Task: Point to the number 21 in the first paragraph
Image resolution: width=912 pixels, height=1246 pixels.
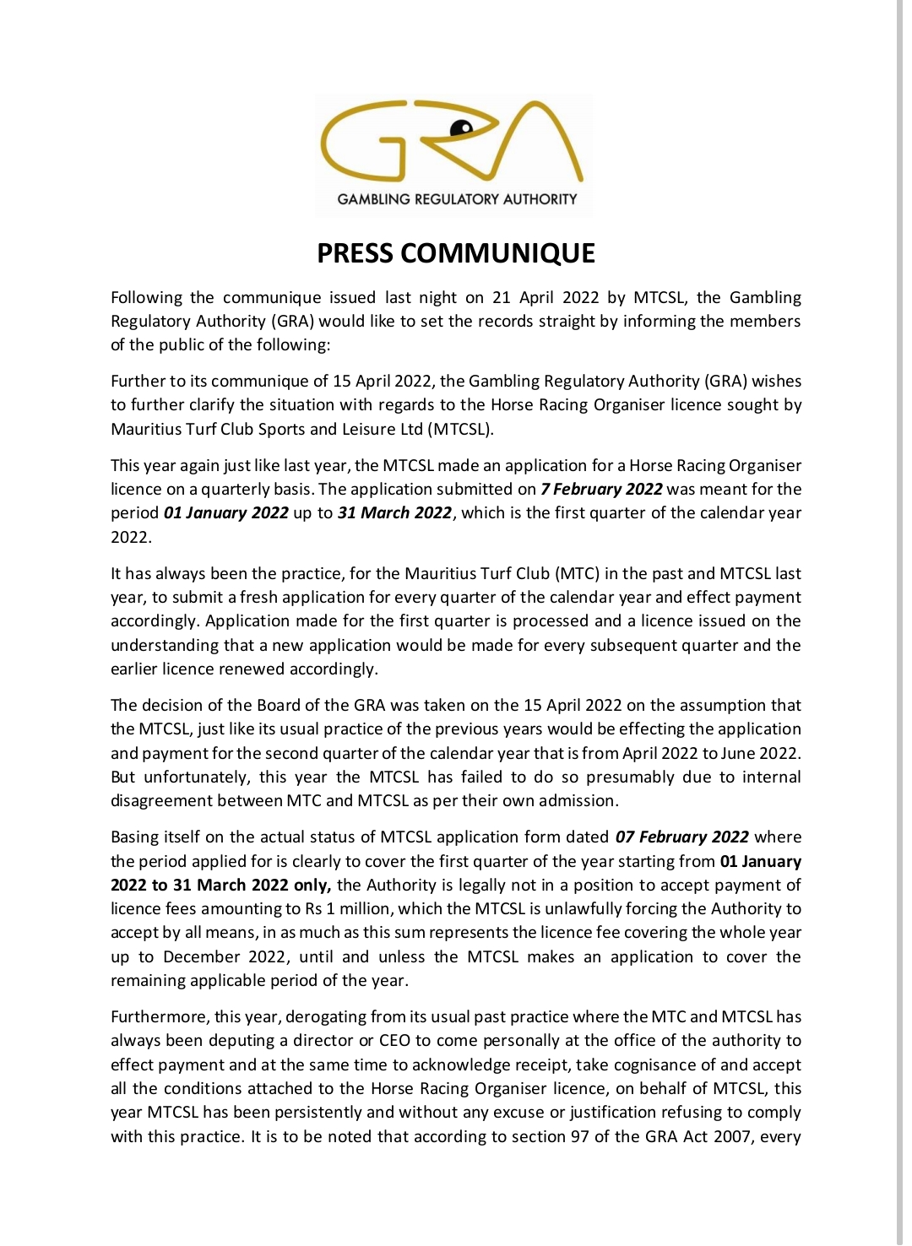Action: (502, 297)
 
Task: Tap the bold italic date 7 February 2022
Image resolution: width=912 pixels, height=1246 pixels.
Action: (601, 490)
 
